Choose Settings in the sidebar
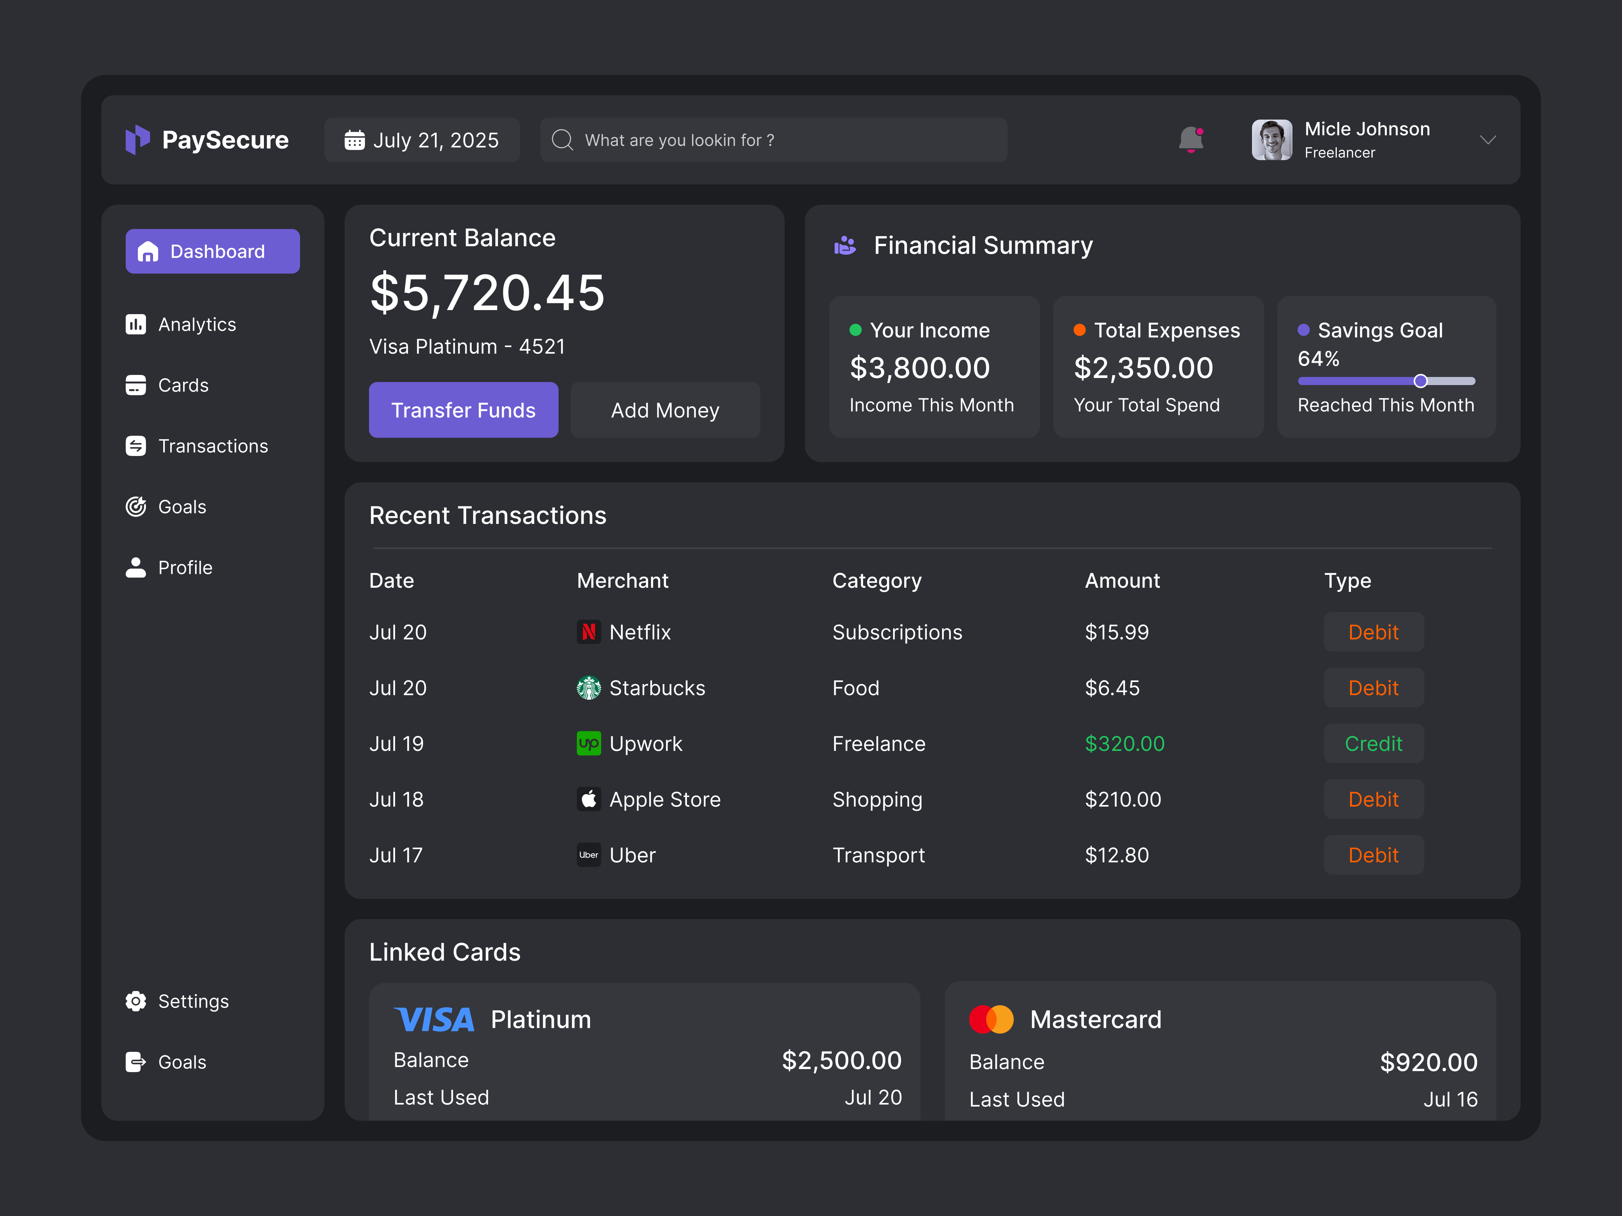193,1001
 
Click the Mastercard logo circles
991,1019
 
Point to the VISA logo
434,1019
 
